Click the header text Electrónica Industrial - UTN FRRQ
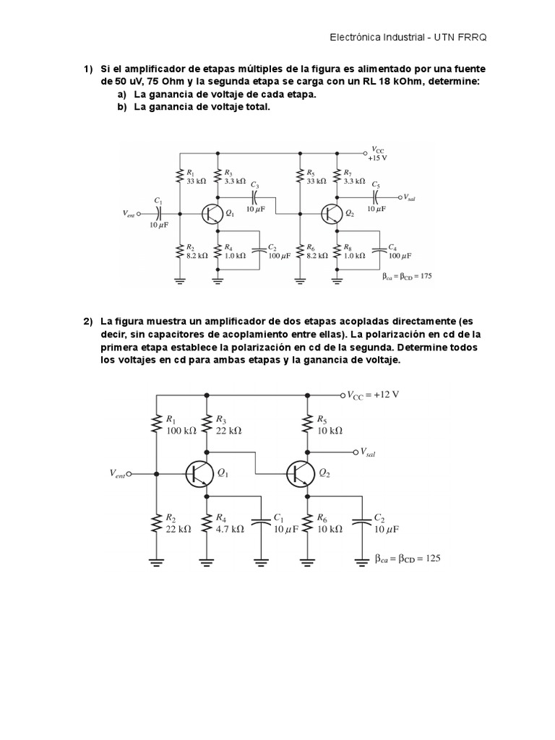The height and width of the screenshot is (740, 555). pyautogui.click(x=412, y=37)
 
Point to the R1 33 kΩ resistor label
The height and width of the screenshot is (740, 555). pyautogui.click(x=196, y=177)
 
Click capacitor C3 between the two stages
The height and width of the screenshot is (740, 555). pyautogui.click(x=254, y=196)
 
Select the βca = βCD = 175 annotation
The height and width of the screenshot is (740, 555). pyautogui.click(x=407, y=275)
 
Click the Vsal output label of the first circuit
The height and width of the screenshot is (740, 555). pyautogui.click(x=410, y=197)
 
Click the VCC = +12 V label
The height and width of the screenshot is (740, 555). pyautogui.click(x=374, y=395)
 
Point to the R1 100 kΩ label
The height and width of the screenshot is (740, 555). pyautogui.click(x=181, y=424)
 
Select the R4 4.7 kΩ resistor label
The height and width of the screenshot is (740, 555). pyautogui.click(x=230, y=523)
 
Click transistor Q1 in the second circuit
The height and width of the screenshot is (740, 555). pyautogui.click(x=199, y=473)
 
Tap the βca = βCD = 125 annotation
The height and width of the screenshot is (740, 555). pyautogui.click(x=408, y=558)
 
